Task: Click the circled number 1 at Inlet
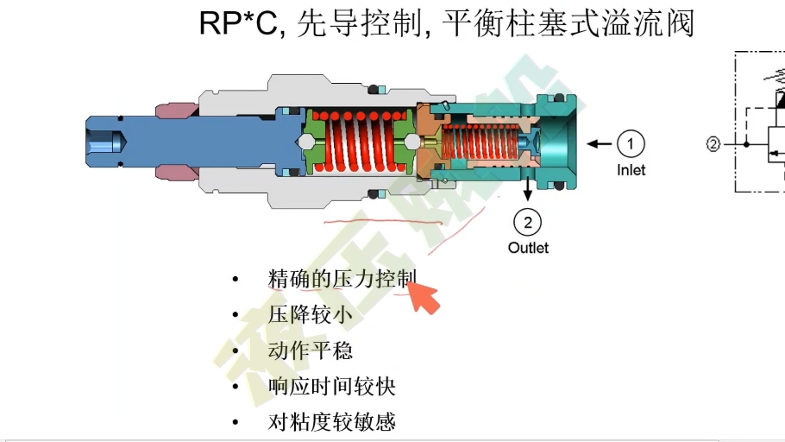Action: [x=631, y=142]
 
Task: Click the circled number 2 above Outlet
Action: [x=527, y=223]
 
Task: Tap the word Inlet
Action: [x=631, y=170]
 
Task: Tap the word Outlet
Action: [x=528, y=248]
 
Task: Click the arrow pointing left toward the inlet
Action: [x=599, y=142]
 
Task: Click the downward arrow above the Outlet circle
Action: [x=527, y=185]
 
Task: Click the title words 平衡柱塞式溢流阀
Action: [x=568, y=23]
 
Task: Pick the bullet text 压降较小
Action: [x=310, y=315]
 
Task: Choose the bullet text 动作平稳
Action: [x=310, y=350]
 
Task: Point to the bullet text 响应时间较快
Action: [x=331, y=387]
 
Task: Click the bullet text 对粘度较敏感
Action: [x=331, y=422]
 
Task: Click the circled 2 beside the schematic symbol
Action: [x=713, y=144]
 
